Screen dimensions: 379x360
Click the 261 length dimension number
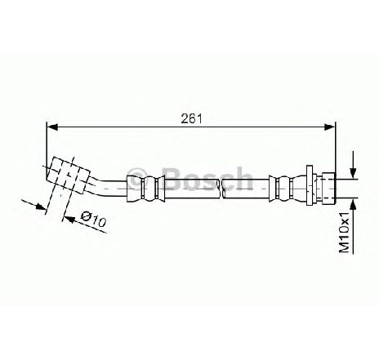coord(192,118)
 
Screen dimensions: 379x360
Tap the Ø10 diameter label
coord(93,219)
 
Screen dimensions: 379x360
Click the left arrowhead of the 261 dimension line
coord(52,127)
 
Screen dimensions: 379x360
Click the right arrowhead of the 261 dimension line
coord(330,127)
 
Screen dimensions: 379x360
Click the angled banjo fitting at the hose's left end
coord(68,176)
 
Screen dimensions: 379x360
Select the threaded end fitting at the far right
coord(328,189)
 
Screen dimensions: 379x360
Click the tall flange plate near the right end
coord(310,185)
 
